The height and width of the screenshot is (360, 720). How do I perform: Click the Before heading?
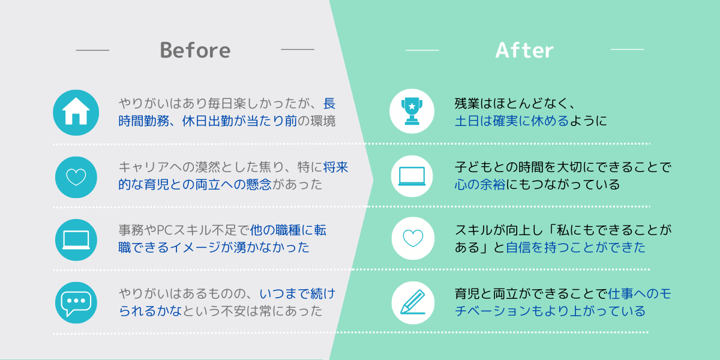click(196, 50)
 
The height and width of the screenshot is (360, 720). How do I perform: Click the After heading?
click(524, 50)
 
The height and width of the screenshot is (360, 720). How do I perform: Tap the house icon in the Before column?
click(76, 113)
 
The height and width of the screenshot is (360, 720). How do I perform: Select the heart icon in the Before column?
click(76, 177)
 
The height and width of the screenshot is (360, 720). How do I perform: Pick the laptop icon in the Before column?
click(76, 240)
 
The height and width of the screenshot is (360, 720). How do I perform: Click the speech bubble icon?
click(76, 303)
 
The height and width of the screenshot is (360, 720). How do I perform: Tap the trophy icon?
click(412, 111)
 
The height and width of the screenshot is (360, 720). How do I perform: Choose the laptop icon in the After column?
click(412, 176)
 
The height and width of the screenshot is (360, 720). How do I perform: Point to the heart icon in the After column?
click(413, 239)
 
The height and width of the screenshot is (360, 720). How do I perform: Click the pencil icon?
click(413, 303)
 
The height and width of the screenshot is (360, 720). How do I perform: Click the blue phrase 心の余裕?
click(480, 185)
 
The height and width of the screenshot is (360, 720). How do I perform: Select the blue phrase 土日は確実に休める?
click(512, 121)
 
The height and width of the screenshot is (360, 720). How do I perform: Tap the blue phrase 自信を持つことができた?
click(575, 247)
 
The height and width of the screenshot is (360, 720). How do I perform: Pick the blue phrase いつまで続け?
click(298, 294)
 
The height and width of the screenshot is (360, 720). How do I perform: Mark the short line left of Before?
click(92, 50)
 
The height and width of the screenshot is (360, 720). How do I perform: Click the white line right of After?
click(627, 49)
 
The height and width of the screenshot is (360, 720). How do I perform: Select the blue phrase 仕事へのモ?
click(640, 294)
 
